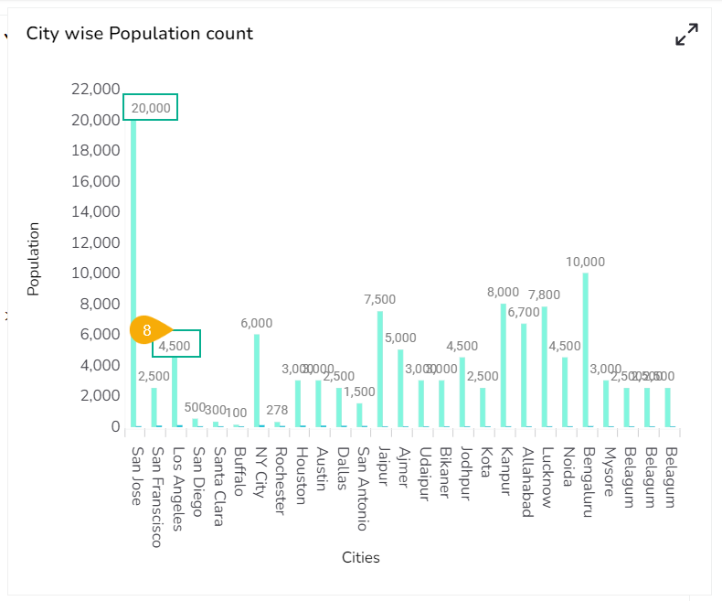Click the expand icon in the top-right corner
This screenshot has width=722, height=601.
click(686, 35)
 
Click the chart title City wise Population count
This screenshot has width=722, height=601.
click(140, 34)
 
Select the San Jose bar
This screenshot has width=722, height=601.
click(133, 274)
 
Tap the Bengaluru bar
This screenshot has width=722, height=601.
click(585, 349)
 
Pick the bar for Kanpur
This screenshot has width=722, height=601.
click(504, 365)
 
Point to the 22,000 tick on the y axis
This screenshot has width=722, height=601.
click(95, 89)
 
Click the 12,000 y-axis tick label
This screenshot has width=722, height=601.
click(95, 242)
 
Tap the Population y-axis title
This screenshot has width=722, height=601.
click(34, 259)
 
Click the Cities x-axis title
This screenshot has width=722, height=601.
click(361, 557)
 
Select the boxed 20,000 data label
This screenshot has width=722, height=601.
click(151, 107)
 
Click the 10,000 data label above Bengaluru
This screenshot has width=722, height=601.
click(585, 262)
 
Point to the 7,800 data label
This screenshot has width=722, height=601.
click(545, 295)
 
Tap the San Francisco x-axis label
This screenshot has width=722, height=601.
click(156, 497)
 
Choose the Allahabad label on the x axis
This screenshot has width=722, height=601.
click(526, 482)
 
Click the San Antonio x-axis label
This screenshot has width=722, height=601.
click(362, 488)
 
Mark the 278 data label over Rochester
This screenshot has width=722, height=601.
click(277, 410)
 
